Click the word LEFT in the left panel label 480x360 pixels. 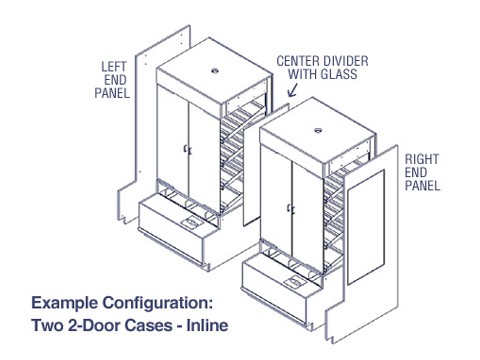pyautogui.click(x=114, y=67)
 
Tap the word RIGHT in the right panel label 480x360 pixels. pyautogui.click(x=422, y=159)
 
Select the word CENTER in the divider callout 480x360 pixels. pyautogui.click(x=297, y=61)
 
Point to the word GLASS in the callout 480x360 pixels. pyautogui.click(x=339, y=74)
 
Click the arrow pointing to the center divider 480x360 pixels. pyautogui.click(x=292, y=90)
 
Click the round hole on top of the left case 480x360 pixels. pyautogui.click(x=215, y=71)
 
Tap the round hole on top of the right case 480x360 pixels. pyautogui.click(x=318, y=130)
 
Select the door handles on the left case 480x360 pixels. pyautogui.click(x=188, y=150)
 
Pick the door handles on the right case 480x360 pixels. pyautogui.click(x=291, y=209)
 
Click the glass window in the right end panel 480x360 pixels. pyautogui.click(x=366, y=227)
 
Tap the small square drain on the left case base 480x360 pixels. pyautogui.click(x=190, y=222)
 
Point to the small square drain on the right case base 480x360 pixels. pyautogui.click(x=295, y=282)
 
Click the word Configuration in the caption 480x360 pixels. pyautogui.click(x=157, y=303)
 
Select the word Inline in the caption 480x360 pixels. pyautogui.click(x=207, y=325)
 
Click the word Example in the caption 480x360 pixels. pyautogui.click(x=65, y=303)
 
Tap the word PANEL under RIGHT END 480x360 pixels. pyautogui.click(x=422, y=185)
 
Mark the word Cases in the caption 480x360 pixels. pyautogui.click(x=148, y=325)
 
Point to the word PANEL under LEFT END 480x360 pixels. pyautogui.click(x=112, y=93)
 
